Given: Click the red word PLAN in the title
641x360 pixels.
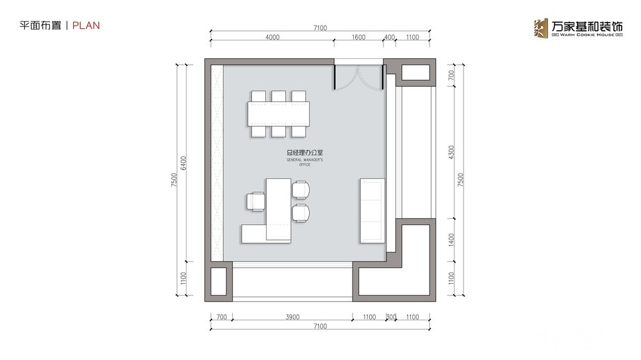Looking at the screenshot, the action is point(86,26).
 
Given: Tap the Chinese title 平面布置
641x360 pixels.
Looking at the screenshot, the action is point(40,26).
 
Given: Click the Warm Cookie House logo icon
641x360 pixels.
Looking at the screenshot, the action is point(540,28).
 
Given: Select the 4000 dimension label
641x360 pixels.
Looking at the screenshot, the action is point(272,37).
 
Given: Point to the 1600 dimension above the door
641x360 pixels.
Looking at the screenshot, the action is point(358,37).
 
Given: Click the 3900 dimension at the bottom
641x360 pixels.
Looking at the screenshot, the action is point(292,316).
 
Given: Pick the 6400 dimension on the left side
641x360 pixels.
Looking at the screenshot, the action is point(183,163).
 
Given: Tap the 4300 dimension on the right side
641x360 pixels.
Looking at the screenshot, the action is point(451,152).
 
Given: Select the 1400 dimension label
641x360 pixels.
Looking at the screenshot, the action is point(451,240).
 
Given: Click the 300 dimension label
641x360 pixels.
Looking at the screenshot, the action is point(391,316).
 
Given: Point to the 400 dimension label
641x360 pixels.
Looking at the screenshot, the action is point(389,37).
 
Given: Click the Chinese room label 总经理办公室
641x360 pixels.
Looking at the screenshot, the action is point(304,153).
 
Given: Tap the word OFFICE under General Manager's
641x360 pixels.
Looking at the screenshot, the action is point(304,165).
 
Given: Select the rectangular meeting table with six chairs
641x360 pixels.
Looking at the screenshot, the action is point(278,113).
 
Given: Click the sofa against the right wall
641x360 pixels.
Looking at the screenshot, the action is point(372,211).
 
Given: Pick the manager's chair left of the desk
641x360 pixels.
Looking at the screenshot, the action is point(256,201).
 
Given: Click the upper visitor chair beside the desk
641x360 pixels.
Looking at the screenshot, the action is point(301,190).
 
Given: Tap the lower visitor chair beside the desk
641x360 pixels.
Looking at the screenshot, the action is point(301,213).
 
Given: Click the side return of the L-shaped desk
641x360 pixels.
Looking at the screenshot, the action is point(254,233).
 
